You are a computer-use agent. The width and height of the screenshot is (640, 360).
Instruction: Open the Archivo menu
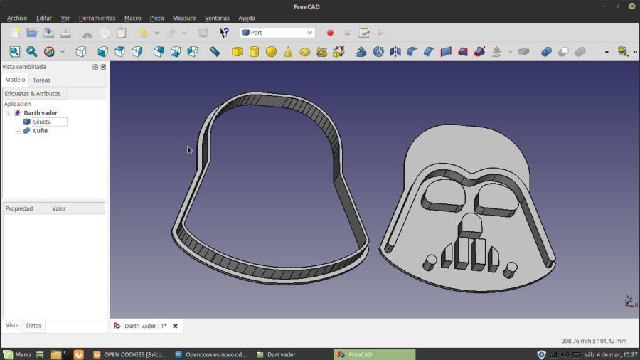coord(17,18)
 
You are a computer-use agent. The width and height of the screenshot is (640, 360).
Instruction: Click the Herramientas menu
coord(97,18)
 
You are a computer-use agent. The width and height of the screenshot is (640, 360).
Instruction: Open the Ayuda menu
coord(247,18)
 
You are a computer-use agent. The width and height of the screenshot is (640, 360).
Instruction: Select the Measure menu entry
coord(184,18)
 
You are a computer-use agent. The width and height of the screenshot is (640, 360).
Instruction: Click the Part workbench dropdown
coord(277,33)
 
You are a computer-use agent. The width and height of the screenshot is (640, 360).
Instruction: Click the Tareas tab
coord(42,80)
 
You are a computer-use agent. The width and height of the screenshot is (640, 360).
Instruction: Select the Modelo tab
coord(16,80)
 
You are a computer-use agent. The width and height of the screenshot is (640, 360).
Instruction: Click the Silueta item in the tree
coord(42,122)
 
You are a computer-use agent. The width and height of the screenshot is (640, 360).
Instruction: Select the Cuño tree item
coord(40,131)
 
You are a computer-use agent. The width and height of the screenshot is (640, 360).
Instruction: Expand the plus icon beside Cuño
coord(18,131)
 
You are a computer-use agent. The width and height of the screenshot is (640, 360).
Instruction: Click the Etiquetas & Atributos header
coord(33,93)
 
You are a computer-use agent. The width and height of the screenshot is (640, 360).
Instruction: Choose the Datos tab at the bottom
coord(34,325)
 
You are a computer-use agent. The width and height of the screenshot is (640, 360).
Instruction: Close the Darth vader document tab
coord(175,326)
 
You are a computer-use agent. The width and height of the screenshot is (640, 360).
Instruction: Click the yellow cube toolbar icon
coord(238,52)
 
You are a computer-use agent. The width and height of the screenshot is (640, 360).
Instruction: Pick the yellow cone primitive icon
coord(288,52)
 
